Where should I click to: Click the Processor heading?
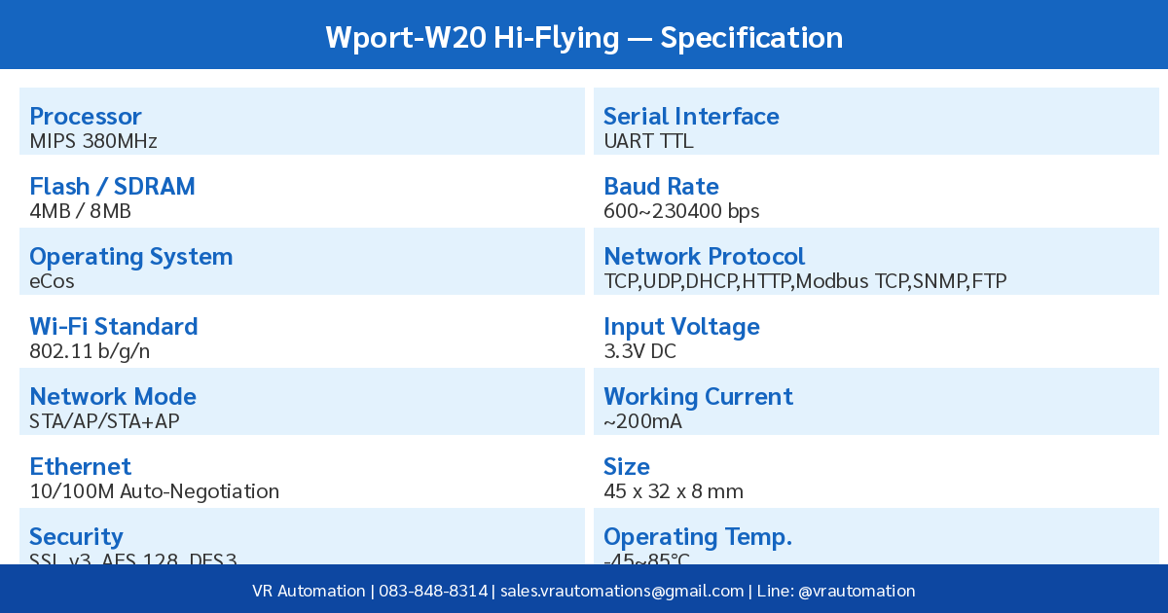(86, 117)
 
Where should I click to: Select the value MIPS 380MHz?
(93, 141)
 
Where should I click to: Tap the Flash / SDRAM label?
(112, 187)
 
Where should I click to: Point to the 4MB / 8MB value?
(80, 211)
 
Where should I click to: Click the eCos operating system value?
(52, 281)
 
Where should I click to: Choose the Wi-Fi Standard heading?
(113, 327)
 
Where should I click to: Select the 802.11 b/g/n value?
(90, 351)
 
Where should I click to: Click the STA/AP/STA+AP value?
(104, 421)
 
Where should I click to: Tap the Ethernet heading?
(80, 467)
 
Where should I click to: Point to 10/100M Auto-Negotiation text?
(154, 491)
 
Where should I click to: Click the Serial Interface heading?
(691, 117)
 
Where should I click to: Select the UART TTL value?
(648, 141)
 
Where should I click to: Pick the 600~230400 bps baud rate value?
(681, 211)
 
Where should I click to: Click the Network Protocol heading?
(704, 257)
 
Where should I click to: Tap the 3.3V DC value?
(639, 351)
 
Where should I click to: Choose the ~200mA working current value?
(642, 421)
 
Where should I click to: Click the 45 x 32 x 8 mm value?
(674, 491)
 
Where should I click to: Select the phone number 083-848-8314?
(433, 591)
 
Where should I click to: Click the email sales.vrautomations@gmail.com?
(622, 591)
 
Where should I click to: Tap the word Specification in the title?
(751, 37)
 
